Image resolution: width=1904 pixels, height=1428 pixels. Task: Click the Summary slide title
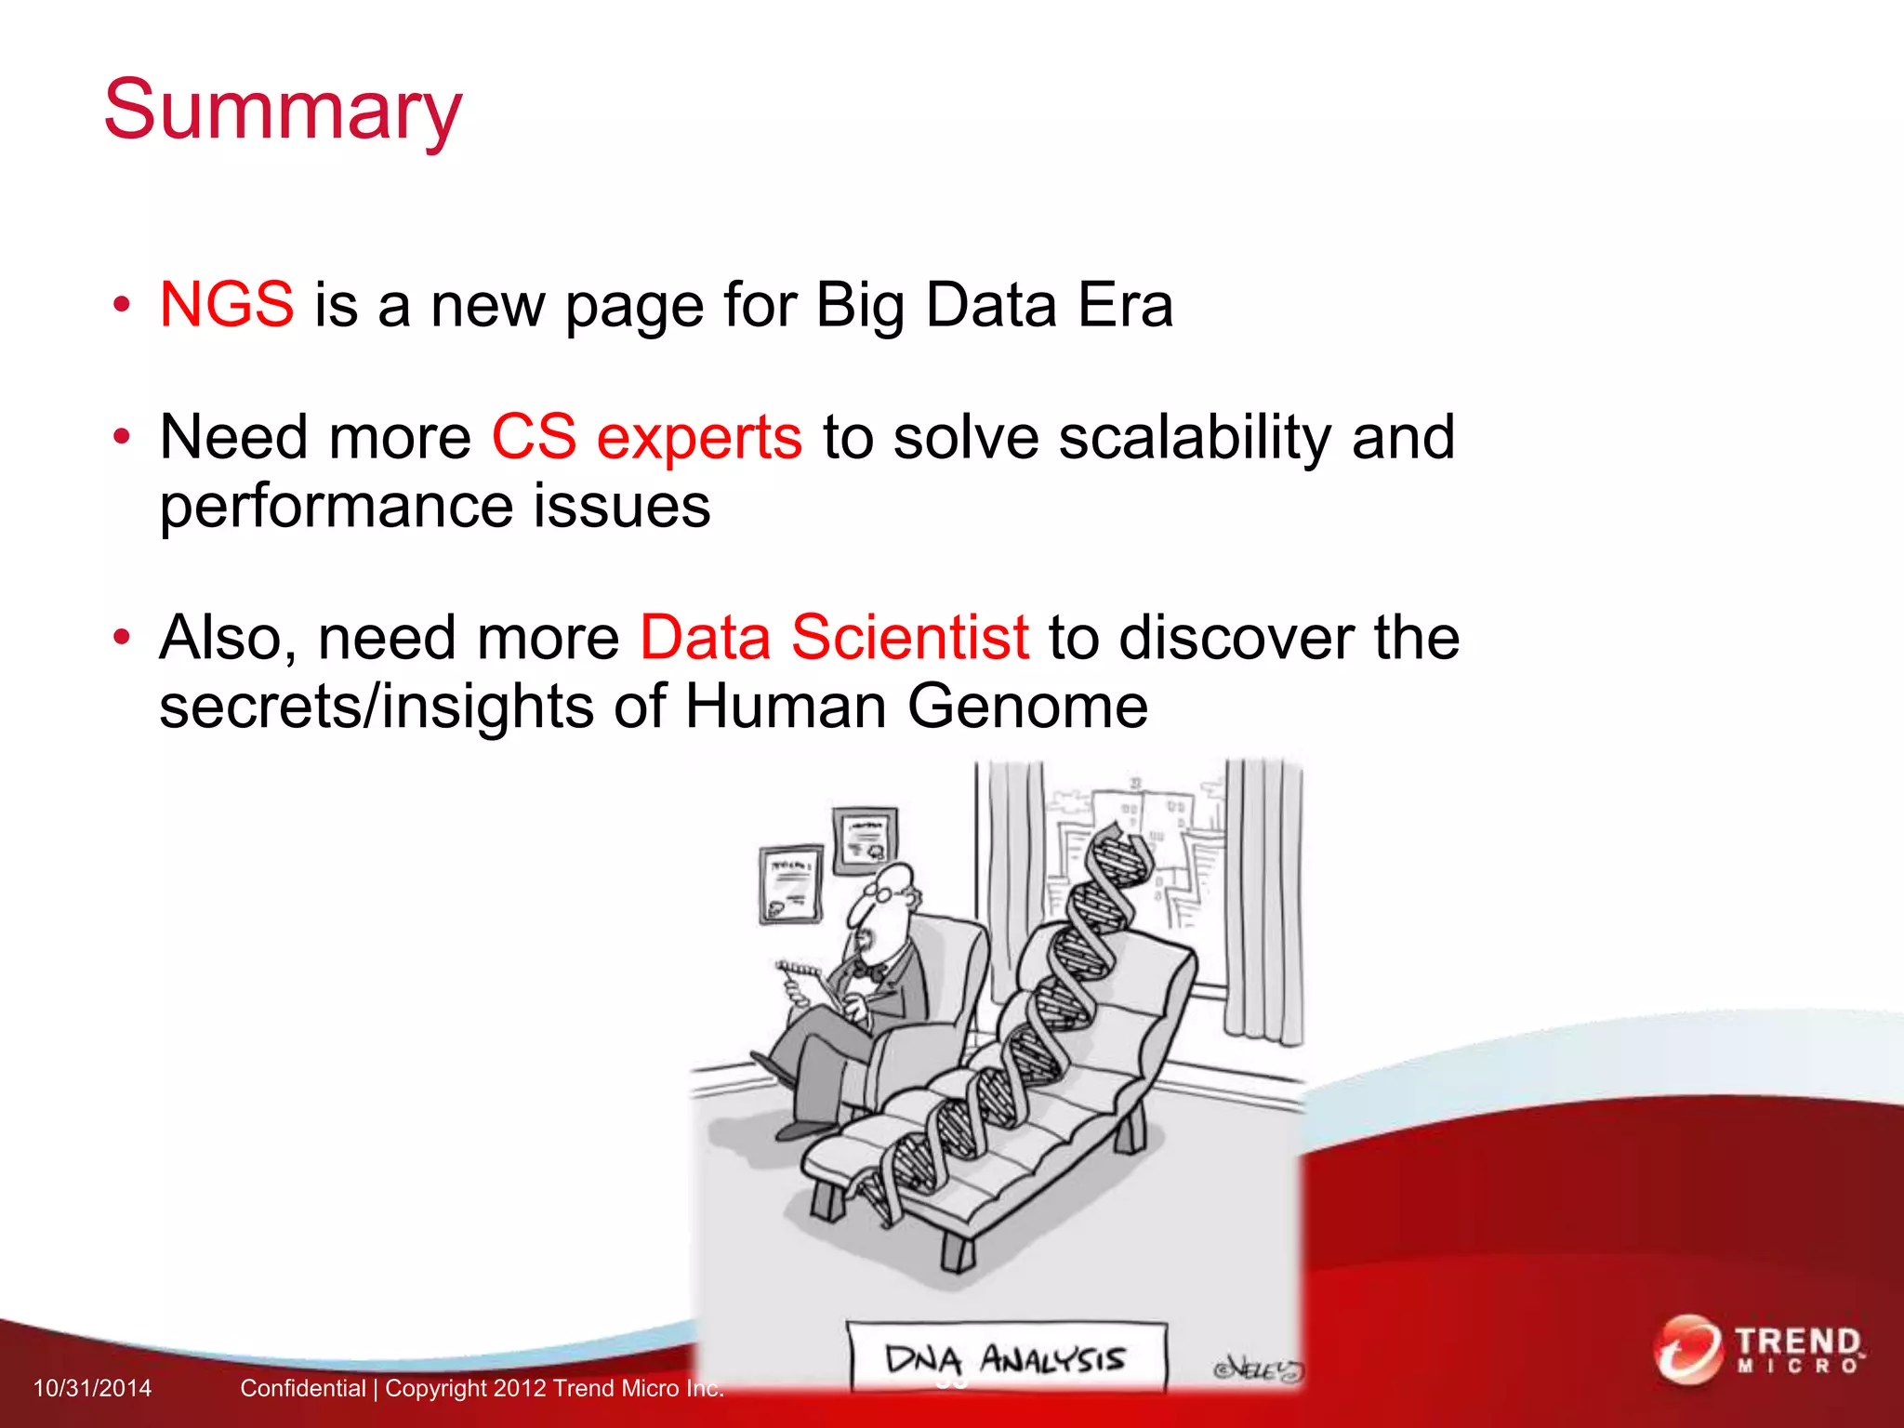[x=283, y=110]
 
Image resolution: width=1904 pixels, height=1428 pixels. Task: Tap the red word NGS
[x=227, y=304]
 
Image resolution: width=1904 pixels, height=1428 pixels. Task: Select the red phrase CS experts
[x=646, y=437]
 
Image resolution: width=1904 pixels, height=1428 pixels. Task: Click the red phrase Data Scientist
[x=834, y=638]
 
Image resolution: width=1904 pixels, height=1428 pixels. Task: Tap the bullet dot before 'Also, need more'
[x=121, y=638]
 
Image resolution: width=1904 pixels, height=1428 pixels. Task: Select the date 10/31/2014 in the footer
[x=92, y=1388]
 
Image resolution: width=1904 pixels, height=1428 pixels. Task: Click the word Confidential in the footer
[x=303, y=1388]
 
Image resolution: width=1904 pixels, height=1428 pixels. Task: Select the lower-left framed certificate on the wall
[x=791, y=883]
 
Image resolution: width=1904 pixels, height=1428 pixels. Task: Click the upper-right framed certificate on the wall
[x=865, y=840]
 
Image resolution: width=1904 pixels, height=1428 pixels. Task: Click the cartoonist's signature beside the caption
[x=1258, y=1369]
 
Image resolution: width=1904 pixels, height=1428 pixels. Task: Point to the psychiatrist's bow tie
[x=869, y=972]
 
